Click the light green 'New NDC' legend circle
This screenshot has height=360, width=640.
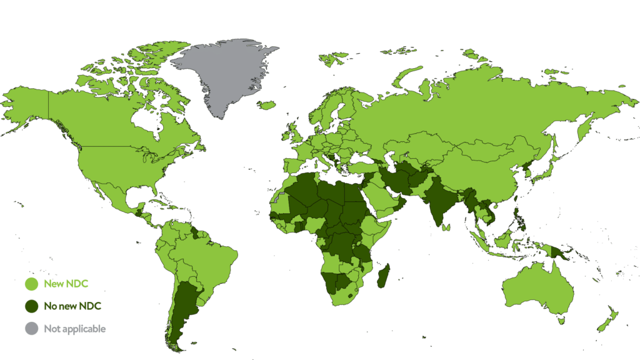[31, 284]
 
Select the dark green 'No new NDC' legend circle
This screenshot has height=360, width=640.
[31, 306]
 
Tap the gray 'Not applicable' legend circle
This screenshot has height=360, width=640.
[31, 328]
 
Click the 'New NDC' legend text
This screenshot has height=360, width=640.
[66, 284]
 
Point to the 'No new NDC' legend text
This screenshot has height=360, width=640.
[72, 306]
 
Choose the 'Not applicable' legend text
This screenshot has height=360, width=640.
[75, 328]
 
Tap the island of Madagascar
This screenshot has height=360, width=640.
[384, 276]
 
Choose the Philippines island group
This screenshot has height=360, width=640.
[522, 216]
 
